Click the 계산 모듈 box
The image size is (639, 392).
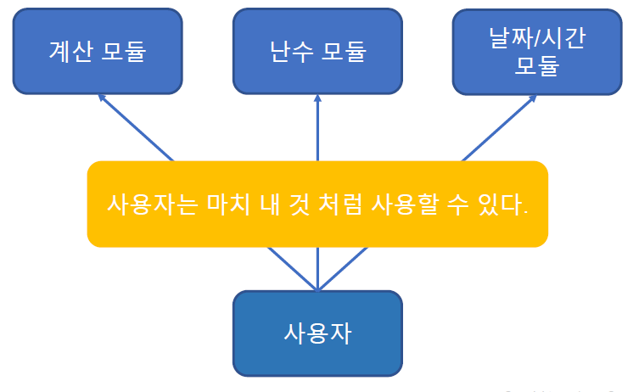[x=98, y=51]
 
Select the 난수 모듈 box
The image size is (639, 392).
[x=317, y=51]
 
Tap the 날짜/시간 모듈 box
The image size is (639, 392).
[x=536, y=51]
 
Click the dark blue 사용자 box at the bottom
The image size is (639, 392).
[x=317, y=333]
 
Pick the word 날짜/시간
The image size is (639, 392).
[x=536, y=37]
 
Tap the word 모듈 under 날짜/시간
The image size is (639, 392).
[x=536, y=65]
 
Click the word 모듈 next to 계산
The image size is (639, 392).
[x=124, y=51]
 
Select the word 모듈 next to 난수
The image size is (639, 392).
[x=344, y=51]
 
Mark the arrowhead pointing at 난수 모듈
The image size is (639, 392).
[x=317, y=98]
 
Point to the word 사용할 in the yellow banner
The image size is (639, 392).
[x=403, y=204]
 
